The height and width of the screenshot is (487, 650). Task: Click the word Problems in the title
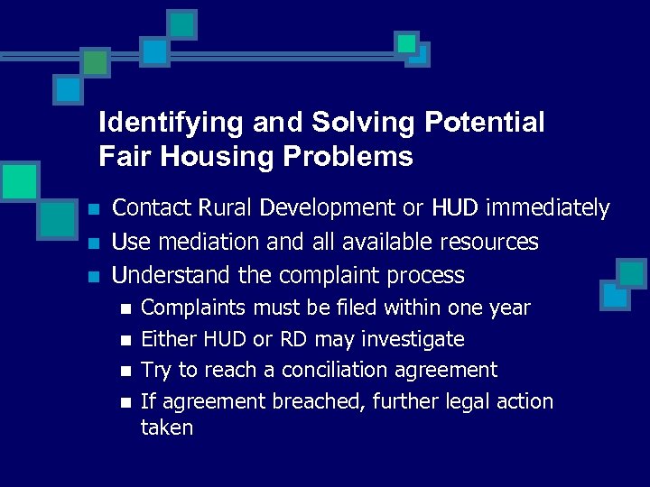tap(347, 157)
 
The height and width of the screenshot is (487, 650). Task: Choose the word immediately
tap(548, 208)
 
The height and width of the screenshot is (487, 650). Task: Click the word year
tap(507, 308)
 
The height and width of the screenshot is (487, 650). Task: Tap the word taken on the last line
tap(167, 427)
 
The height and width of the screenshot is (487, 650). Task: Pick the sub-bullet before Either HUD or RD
tap(125, 340)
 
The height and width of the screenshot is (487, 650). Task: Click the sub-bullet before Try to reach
tap(125, 371)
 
